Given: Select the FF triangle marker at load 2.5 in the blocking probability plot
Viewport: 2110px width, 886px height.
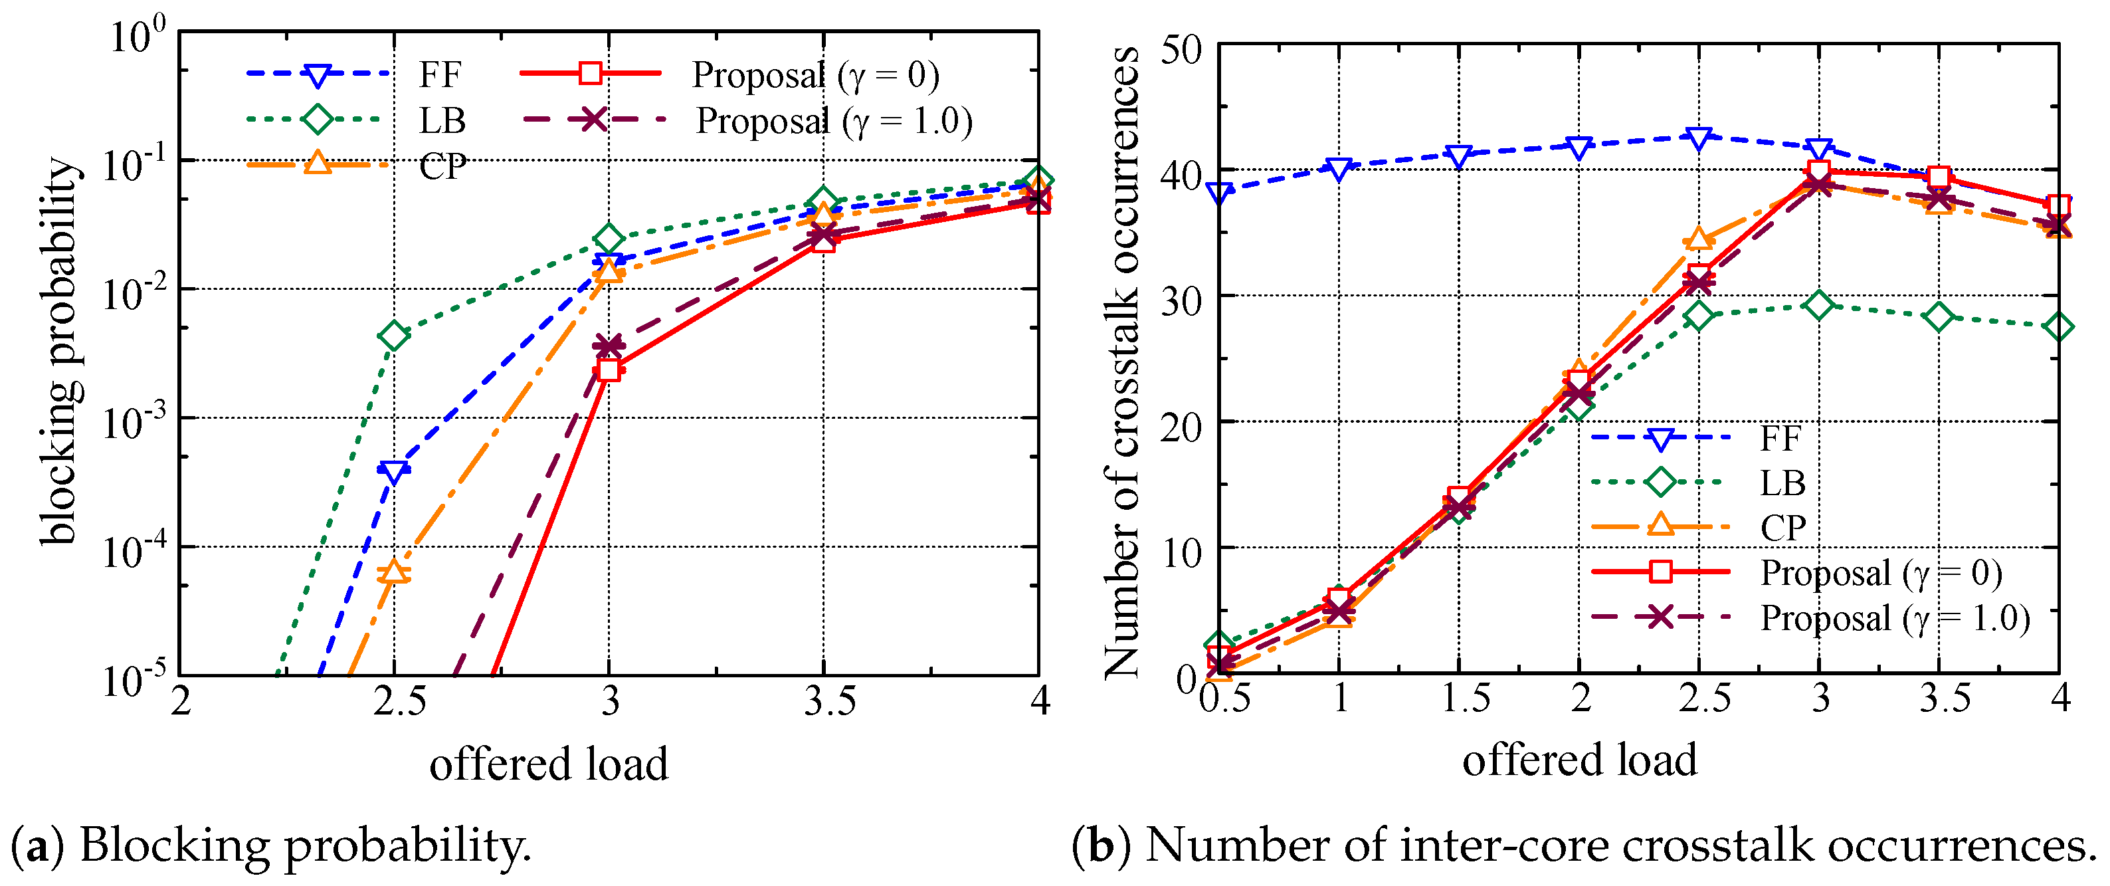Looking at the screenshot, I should coord(394,471).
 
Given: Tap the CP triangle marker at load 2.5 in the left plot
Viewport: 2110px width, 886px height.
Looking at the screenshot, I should coord(394,570).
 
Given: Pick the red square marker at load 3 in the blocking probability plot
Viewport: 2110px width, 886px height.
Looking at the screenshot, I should coord(608,369).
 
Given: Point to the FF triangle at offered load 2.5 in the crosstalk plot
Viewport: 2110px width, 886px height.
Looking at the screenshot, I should coord(1699,138).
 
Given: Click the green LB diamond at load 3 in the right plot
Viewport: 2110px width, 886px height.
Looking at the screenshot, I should coord(1818,306).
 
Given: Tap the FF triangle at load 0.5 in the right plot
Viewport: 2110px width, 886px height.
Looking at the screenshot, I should coord(1220,193).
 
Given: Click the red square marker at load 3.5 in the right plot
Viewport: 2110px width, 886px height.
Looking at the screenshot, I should coord(1938,176).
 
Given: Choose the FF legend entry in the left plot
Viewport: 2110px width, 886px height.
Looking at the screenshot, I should coord(440,74).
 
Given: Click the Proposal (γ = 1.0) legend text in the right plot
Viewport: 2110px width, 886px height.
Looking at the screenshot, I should coord(1895,618).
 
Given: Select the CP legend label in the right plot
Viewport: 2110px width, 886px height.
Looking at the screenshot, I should coord(1782,528).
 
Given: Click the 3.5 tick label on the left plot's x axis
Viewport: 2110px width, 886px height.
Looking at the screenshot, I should coord(829,702).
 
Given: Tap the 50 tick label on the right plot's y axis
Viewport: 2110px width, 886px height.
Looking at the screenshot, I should coord(1181,50).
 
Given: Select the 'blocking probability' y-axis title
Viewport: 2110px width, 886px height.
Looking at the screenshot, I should coord(60,351).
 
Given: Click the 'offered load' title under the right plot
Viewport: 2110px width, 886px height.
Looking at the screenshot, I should coord(1579,760).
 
